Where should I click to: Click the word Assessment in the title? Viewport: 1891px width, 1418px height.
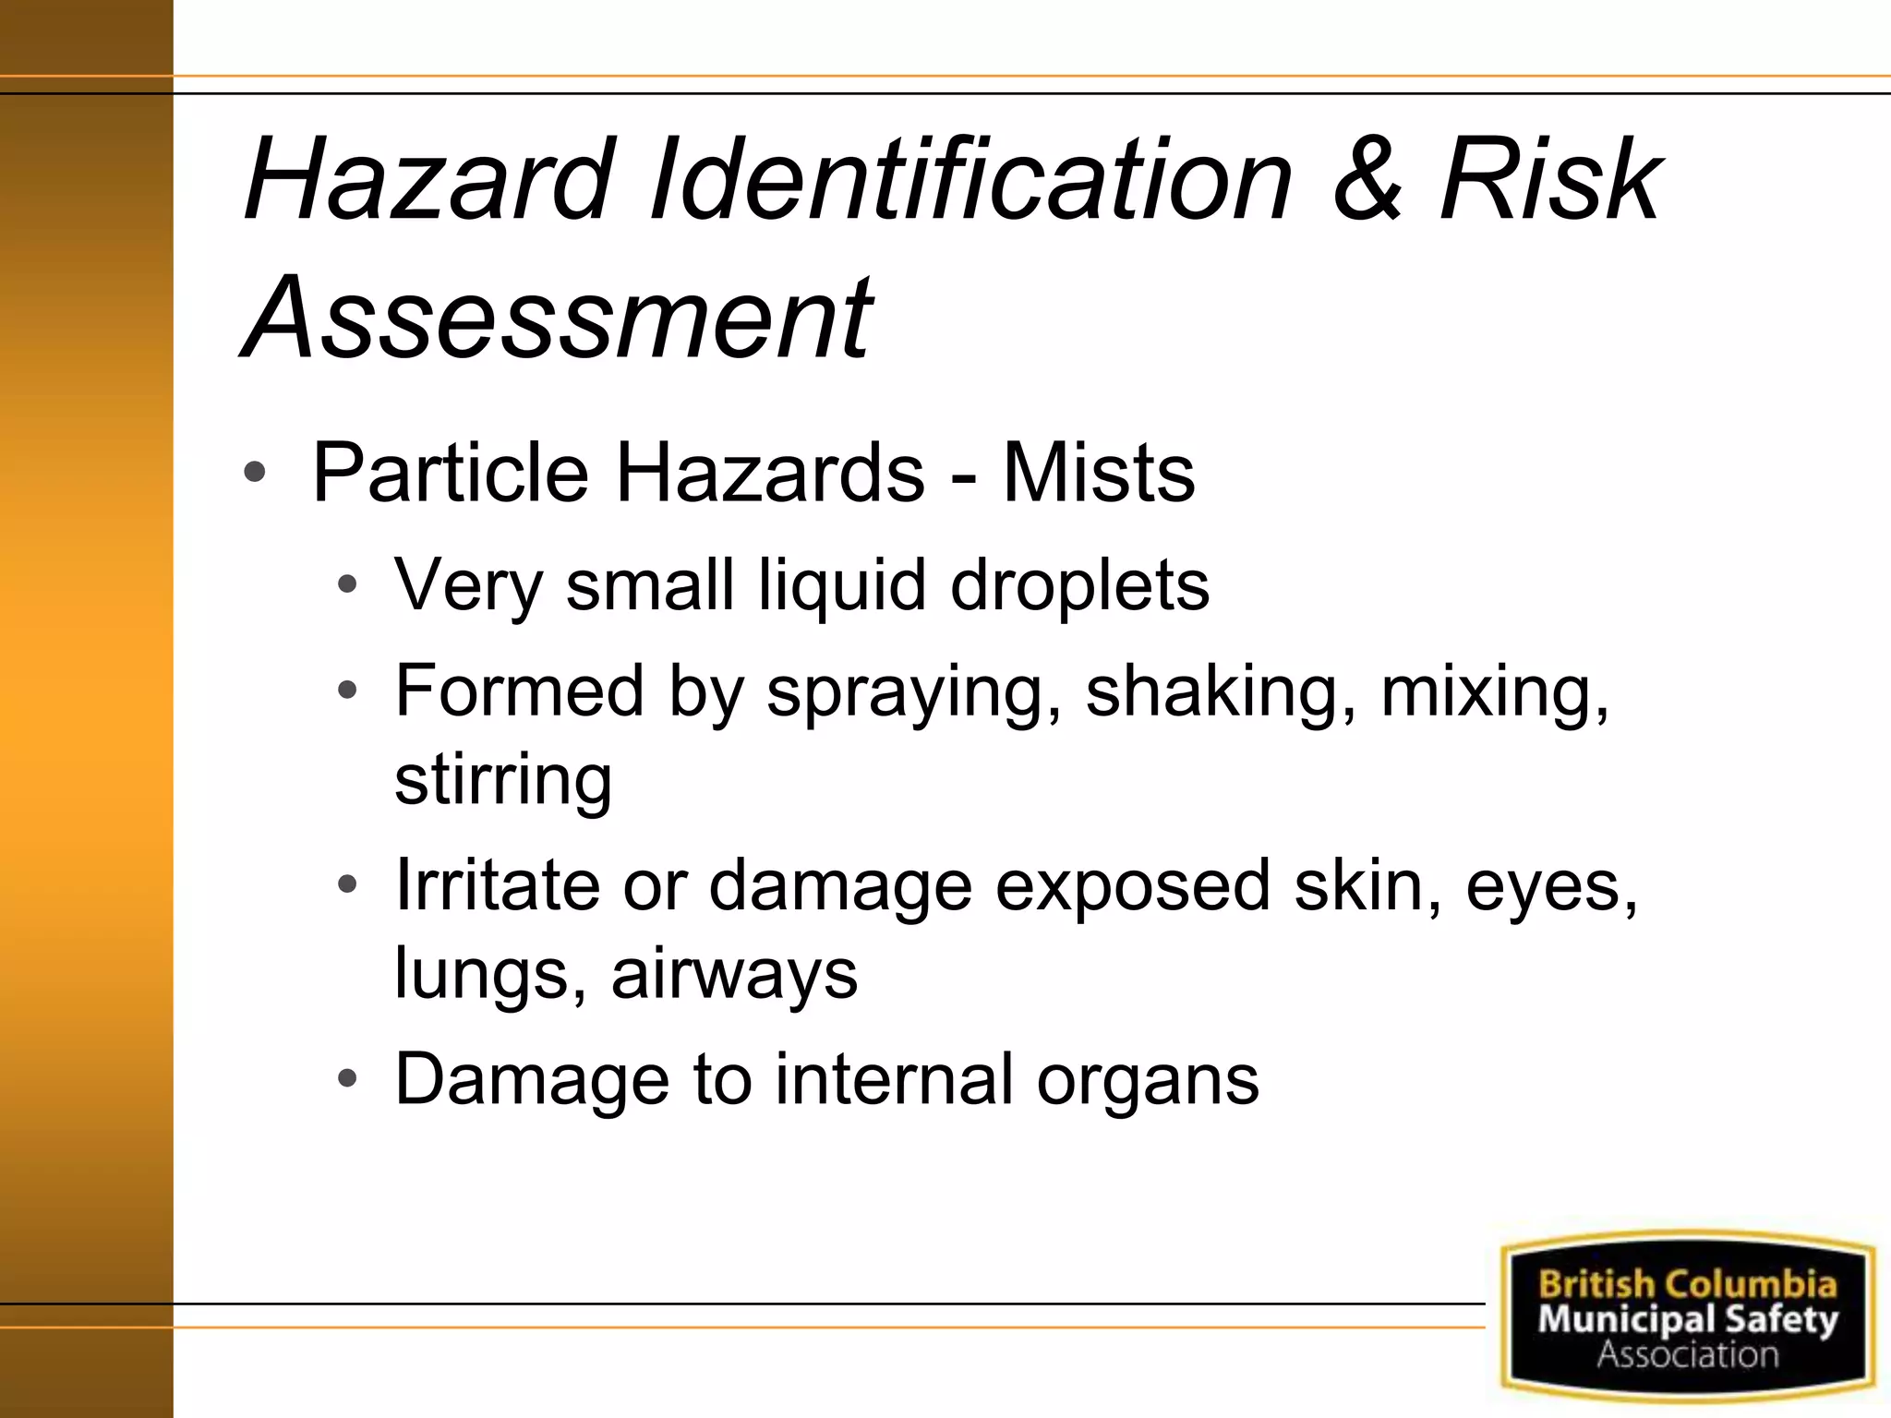pyautogui.click(x=558, y=318)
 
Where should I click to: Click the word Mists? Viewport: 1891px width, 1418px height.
pyautogui.click(x=1099, y=474)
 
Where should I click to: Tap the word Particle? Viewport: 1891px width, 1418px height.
pyautogui.click(x=451, y=474)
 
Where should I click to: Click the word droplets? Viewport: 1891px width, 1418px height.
pyautogui.click(x=1079, y=586)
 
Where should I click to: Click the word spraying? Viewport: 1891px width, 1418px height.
pyautogui.click(x=914, y=692)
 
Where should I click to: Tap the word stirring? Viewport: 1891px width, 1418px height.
pyautogui.click(x=503, y=780)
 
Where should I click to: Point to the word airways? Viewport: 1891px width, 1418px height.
pyautogui.click(x=734, y=974)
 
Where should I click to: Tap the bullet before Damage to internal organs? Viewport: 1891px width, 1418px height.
pyautogui.click(x=347, y=1079)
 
